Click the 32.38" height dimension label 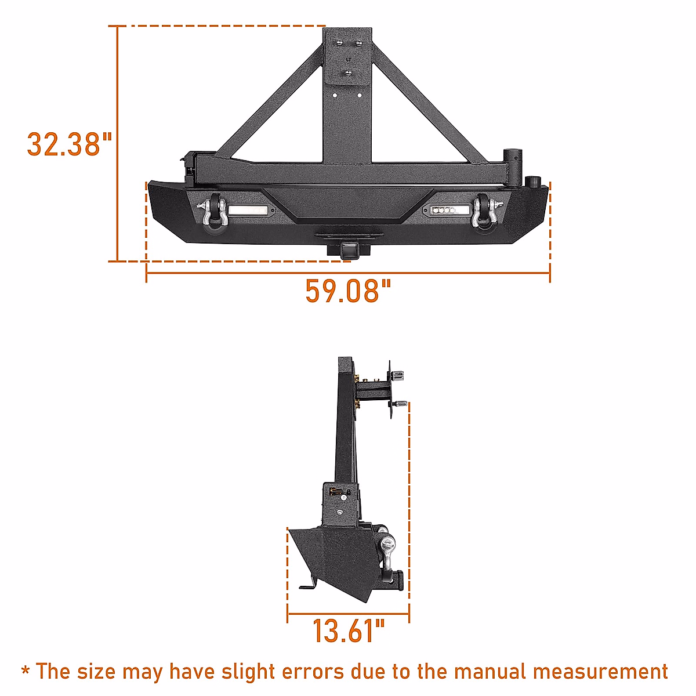coord(69,144)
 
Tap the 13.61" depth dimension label coord(349,631)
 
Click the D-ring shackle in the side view coord(387,551)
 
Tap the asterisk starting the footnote coord(26,672)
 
